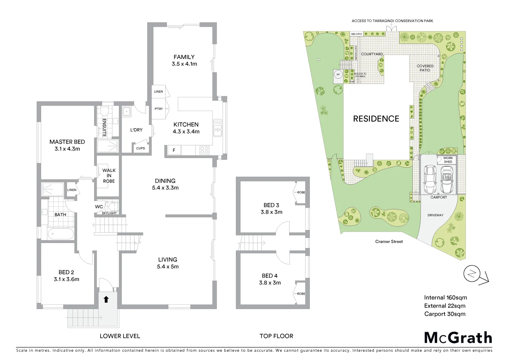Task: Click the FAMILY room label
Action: (x=184, y=57)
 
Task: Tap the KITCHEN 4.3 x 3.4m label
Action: (x=186, y=128)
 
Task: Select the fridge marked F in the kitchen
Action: (x=174, y=150)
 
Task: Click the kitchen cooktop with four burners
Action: (x=204, y=150)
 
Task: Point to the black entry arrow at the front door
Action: (x=106, y=299)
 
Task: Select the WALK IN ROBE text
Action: (x=109, y=176)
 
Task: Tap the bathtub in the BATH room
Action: (x=61, y=234)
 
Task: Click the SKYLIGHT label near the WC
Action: (x=109, y=213)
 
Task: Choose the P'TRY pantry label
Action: (x=159, y=109)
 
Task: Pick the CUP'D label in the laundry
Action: (x=141, y=148)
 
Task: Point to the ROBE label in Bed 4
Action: (x=301, y=294)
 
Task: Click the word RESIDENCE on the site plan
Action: (x=376, y=119)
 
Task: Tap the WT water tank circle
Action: (x=338, y=75)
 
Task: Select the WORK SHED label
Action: (x=448, y=160)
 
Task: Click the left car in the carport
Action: (x=430, y=180)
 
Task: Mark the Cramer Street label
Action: (x=389, y=242)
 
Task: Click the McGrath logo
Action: (x=458, y=338)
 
